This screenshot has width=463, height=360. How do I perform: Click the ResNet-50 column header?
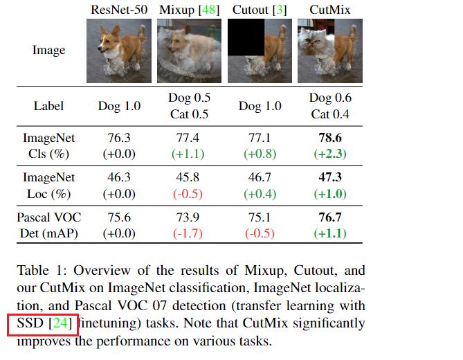pos(119,10)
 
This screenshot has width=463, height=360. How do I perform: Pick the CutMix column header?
pos(329,10)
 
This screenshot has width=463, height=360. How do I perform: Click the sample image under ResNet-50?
pos(119,51)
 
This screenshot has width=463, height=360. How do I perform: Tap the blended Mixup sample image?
pos(190,51)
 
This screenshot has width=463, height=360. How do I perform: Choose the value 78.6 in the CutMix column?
pos(329,138)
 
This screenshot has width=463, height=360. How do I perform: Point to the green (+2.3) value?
pos(329,153)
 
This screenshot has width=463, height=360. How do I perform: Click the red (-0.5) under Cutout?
pos(260,234)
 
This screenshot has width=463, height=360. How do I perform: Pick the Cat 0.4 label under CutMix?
pos(329,114)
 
